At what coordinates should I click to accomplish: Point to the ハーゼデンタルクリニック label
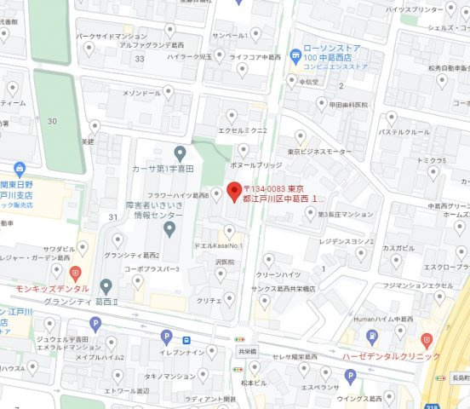pos(391,356)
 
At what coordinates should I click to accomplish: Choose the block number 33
pos(138,58)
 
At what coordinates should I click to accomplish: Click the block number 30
pos(53,121)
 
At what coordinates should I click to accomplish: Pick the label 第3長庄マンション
pos(346,213)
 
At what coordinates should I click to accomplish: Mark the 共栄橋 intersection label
pos(247,350)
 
